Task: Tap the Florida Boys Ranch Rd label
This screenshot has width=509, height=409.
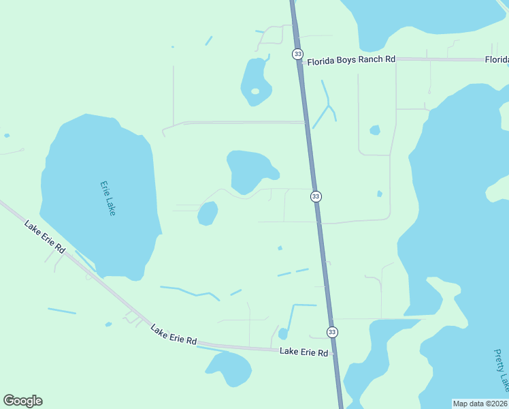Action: pos(350,60)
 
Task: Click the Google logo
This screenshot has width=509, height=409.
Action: pos(22,401)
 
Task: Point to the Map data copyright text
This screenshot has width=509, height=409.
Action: pos(480,404)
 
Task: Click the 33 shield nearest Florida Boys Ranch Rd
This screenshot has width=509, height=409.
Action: pos(297,54)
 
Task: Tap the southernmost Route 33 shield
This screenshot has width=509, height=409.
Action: pos(331,332)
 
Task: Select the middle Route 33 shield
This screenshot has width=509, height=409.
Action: pos(316,196)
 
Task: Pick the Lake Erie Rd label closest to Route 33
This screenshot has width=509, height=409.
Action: pos(303,352)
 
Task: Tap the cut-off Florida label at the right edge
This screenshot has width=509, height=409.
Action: pos(497,60)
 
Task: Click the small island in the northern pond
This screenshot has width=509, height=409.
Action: pos(255,91)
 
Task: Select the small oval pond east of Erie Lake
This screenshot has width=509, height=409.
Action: pos(208,213)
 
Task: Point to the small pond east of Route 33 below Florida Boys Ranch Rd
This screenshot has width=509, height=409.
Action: pos(374,130)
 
